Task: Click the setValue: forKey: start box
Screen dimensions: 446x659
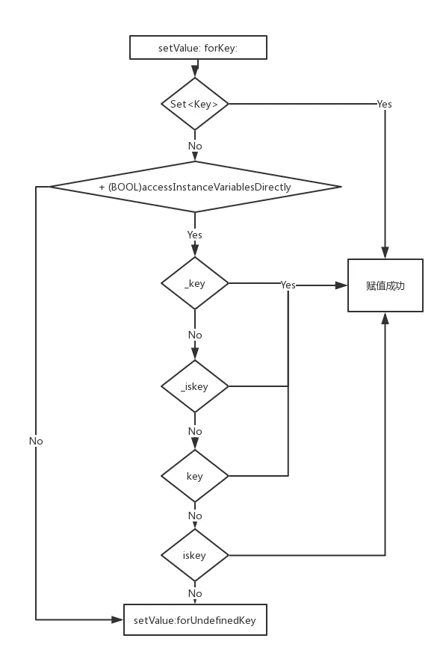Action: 198,48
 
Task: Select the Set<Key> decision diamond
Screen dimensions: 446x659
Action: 195,104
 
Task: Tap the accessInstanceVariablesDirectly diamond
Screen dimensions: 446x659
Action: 195,187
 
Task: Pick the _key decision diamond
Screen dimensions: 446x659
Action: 195,283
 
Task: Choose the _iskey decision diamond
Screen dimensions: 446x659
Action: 195,386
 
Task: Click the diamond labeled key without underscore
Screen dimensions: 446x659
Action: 195,476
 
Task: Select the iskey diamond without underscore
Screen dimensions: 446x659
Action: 195,555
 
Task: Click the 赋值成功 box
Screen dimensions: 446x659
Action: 385,285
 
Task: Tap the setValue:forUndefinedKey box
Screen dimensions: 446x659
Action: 195,620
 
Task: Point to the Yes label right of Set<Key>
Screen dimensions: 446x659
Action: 384,104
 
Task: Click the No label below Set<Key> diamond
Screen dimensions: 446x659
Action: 195,146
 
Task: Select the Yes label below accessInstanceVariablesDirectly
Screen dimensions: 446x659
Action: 195,235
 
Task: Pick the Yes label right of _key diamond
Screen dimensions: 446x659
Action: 288,285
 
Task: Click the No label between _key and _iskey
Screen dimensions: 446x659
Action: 195,335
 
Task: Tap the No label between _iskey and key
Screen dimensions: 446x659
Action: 195,431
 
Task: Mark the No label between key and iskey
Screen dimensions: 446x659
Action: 195,516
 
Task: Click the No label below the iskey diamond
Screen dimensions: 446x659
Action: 195,593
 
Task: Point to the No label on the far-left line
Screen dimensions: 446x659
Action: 36,441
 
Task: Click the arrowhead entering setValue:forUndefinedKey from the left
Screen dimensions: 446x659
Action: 117,619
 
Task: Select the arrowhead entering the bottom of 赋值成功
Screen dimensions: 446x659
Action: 385,318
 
